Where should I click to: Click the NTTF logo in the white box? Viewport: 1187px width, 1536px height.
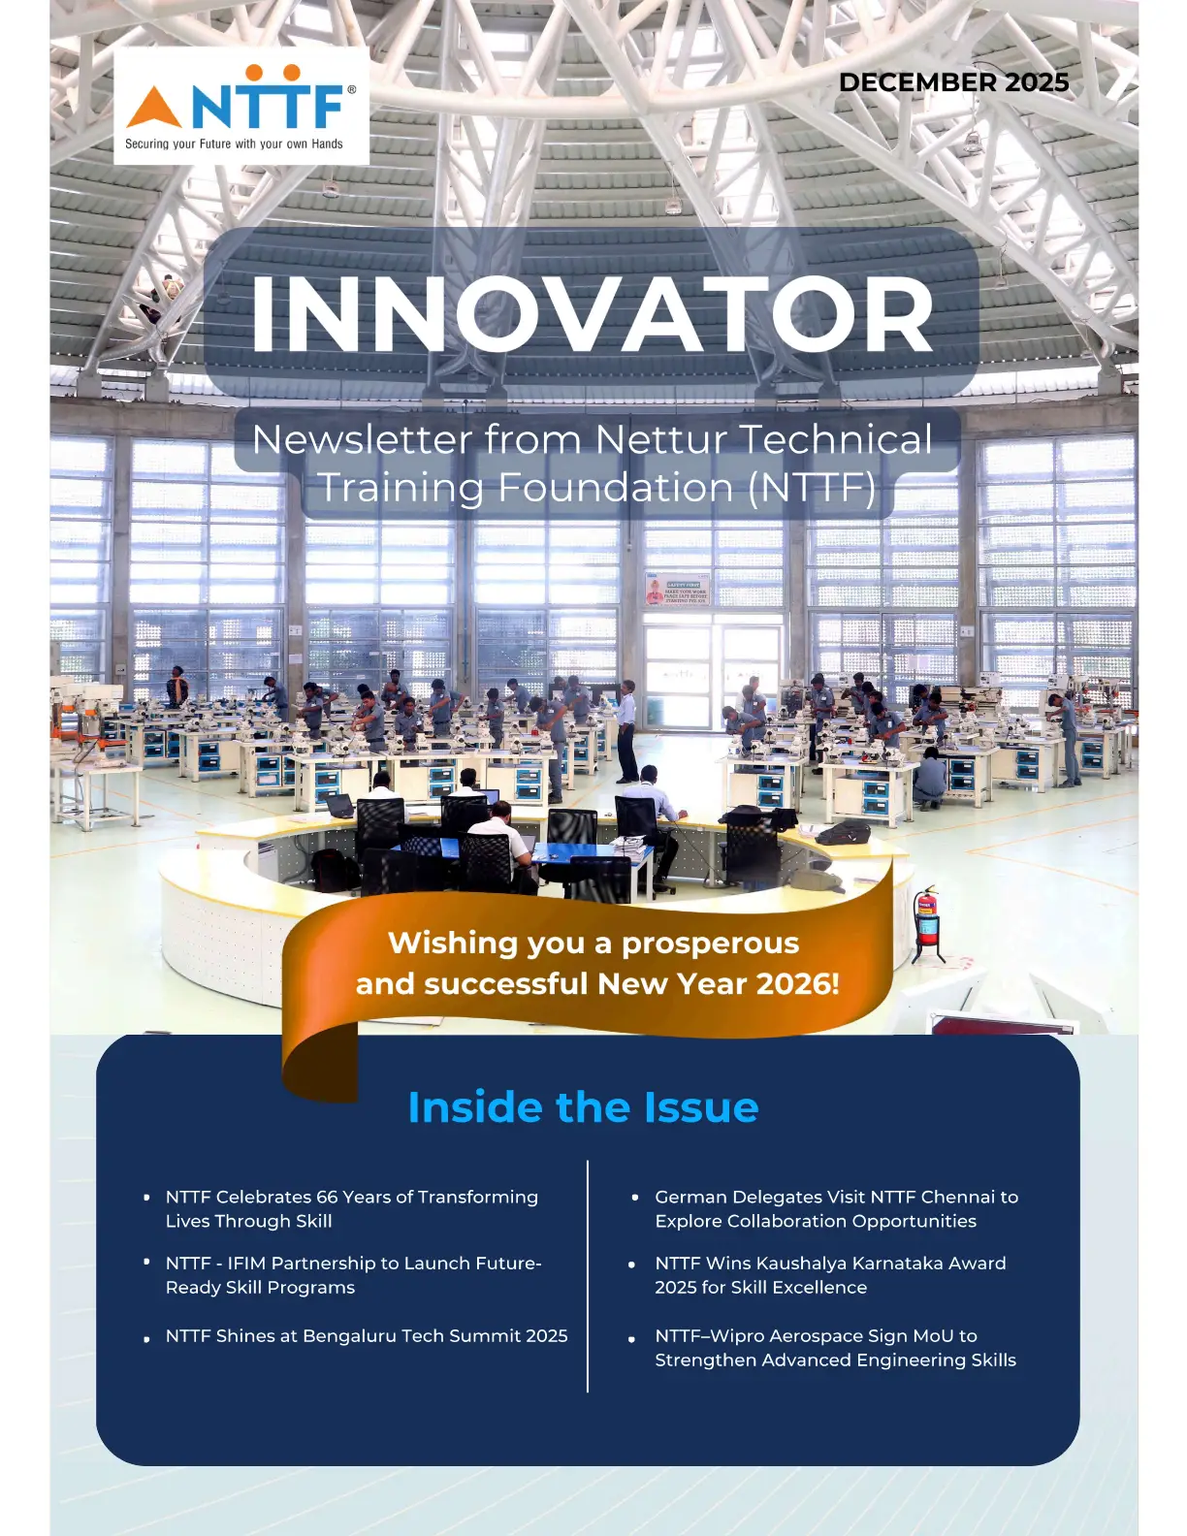241,106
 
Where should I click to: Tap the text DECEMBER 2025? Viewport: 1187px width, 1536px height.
953,82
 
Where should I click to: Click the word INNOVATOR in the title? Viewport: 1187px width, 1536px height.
592,314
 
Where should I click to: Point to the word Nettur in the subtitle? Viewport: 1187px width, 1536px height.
658,439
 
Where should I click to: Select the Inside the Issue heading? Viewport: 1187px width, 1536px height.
583,1107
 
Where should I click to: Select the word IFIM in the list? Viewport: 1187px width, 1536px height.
246,1264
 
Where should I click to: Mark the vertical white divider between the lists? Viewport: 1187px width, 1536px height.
588,1276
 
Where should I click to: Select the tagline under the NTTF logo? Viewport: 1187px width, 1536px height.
234,144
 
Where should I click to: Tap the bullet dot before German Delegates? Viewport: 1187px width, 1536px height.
635,1198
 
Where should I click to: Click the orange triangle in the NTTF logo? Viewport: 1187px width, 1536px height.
154,107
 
